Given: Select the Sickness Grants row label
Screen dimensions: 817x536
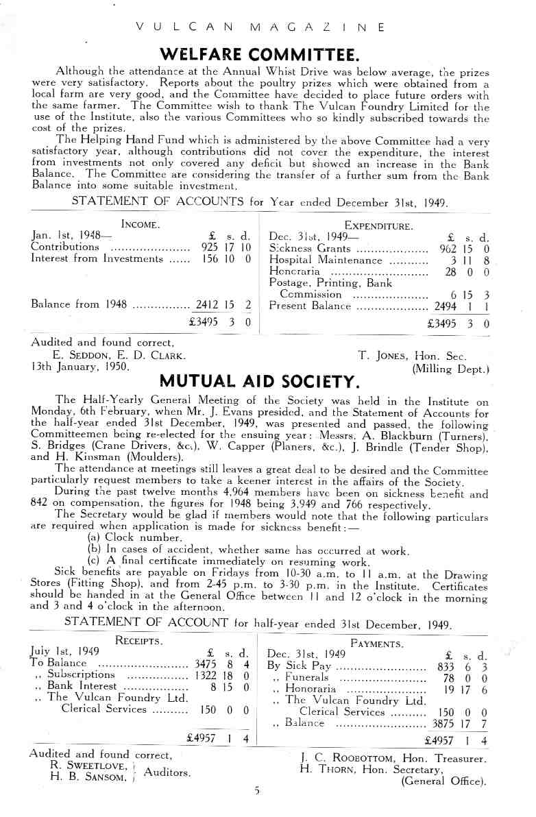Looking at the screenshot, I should [310, 249].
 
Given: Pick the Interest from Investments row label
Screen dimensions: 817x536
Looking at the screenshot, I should [95, 259].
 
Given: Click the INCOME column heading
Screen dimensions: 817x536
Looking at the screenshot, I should [141, 224].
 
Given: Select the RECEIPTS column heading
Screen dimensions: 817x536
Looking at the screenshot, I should [139, 641].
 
